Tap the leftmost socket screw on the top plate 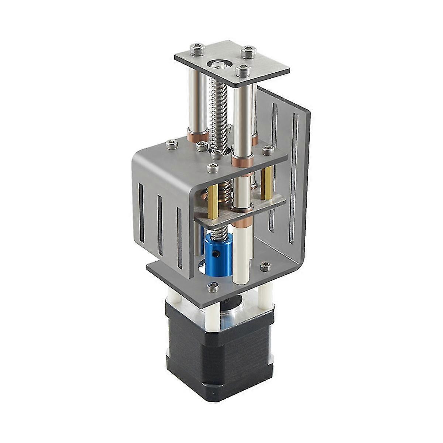196,48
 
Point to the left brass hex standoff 213,201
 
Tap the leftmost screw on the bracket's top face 171,145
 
